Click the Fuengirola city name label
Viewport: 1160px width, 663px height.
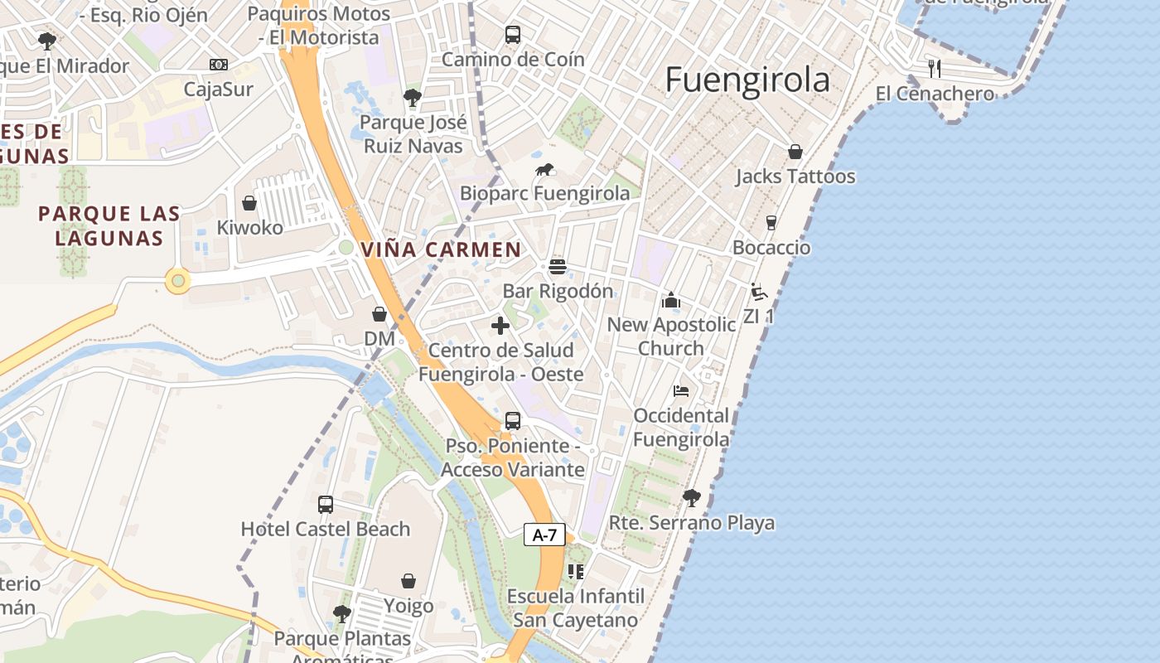747,80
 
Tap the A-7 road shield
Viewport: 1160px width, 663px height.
544,535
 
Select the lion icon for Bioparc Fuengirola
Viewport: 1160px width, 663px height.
544,171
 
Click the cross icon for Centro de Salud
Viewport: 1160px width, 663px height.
500,326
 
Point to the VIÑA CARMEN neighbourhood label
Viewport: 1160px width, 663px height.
441,249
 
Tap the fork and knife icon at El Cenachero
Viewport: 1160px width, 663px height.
935,68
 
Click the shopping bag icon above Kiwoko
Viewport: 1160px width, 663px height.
249,203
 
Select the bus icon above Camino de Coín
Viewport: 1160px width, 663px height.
513,35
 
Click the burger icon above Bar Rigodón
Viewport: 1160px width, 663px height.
558,267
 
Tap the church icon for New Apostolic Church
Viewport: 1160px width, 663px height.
671,300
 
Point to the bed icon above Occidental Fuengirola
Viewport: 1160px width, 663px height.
681,391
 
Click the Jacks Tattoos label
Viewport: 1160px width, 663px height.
795,177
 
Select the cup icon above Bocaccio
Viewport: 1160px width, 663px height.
771,223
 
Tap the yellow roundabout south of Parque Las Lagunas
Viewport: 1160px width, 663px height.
178,281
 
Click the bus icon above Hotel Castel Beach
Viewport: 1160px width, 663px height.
326,504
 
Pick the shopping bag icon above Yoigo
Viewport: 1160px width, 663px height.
408,581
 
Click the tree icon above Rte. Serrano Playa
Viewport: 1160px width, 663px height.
691,498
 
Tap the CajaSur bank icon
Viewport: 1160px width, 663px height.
219,65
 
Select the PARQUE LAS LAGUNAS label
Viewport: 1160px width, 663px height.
109,225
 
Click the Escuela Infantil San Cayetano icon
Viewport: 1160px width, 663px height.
576,572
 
